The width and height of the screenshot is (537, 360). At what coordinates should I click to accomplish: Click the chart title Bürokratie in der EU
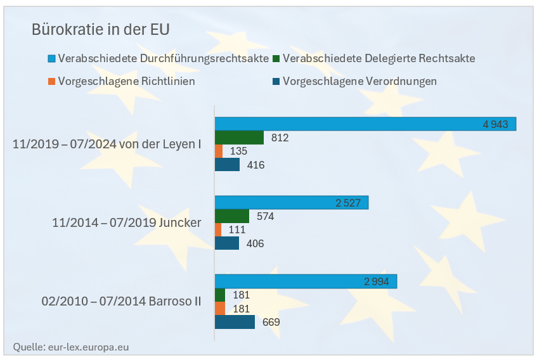[x=101, y=29]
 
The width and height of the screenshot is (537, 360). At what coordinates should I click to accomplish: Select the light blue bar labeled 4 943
[x=365, y=124]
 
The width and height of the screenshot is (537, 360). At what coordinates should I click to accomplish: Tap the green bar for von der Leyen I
[x=239, y=138]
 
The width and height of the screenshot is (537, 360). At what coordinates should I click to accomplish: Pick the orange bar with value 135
[x=219, y=151]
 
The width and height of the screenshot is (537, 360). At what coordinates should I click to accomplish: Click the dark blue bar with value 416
[x=227, y=165]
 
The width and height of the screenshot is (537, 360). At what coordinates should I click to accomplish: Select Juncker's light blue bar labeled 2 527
[x=292, y=203]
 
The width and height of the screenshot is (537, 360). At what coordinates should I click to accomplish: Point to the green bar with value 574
[x=232, y=216]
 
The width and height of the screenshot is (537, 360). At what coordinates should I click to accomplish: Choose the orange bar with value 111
[x=218, y=229]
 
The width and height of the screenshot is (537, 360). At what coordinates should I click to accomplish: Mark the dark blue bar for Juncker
[x=227, y=243]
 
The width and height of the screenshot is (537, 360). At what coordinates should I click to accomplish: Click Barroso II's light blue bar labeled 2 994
[x=306, y=281]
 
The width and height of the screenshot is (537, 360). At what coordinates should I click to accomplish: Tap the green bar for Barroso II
[x=220, y=295]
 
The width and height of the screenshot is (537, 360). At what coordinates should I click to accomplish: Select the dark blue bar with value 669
[x=235, y=322]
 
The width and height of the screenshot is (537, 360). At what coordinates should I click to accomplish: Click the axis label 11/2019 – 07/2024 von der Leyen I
[x=107, y=145]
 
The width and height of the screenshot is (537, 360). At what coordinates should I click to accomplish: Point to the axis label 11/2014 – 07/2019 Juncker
[x=127, y=222]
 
